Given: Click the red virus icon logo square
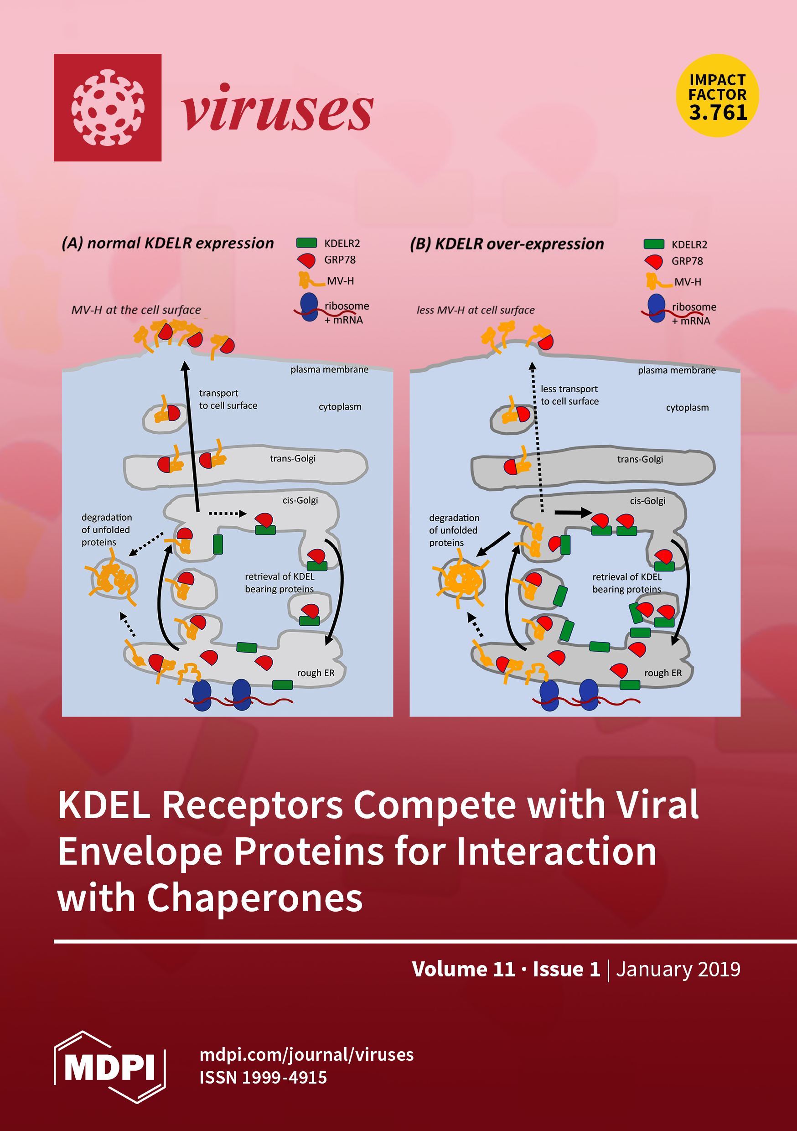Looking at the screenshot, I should click(108, 107).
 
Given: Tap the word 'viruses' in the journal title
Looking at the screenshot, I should click(277, 109).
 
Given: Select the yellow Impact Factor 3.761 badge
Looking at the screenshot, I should click(717, 96).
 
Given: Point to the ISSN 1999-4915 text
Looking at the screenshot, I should click(263, 1078).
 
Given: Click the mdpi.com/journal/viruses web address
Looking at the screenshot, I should click(306, 1055).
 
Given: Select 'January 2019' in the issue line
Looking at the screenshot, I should click(678, 969).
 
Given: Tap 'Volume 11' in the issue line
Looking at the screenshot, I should click(463, 969).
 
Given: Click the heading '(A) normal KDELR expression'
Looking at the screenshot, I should click(167, 244).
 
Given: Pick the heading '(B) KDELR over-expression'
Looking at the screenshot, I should click(507, 244).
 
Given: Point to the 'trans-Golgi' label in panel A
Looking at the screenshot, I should click(293, 459).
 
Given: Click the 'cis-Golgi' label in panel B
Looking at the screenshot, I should click(647, 501).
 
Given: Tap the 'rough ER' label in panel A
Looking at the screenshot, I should click(315, 673).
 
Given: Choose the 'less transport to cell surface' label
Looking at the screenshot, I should click(569, 395).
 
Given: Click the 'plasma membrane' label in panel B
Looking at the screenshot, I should click(676, 370).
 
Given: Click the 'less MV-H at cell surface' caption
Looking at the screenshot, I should click(476, 310).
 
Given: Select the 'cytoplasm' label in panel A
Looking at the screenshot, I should click(340, 407).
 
